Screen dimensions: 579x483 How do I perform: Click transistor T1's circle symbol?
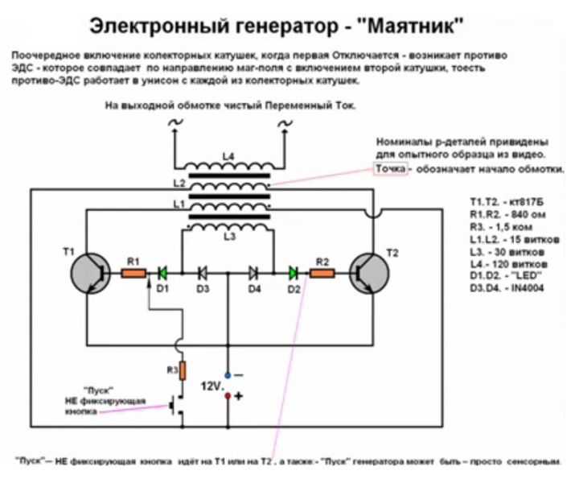coord(90,274)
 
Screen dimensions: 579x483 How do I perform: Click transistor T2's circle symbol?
coord(369,274)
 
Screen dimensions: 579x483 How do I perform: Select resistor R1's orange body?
coord(133,274)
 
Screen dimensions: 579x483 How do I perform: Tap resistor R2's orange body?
coord(322,274)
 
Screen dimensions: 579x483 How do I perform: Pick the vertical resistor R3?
coord(183,371)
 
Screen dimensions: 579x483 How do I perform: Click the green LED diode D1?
coord(162,274)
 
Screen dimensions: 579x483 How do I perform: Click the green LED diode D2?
coord(294,274)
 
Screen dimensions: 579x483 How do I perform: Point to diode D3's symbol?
coord(203,274)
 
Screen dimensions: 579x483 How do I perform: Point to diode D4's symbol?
coord(253,274)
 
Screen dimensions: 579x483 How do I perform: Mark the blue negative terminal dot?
coord(228,375)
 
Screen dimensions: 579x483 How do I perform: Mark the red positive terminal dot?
coord(228,396)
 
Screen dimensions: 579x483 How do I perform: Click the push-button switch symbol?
coord(176,406)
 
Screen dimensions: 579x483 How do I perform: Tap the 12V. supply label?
coord(212,386)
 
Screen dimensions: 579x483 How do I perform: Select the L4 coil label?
coord(228,157)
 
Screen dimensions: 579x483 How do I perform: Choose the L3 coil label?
coord(230,237)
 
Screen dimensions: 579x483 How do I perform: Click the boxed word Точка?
coord(391,169)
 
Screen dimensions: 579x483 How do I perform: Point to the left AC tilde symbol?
coord(176,122)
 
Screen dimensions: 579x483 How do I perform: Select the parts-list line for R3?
coord(501,227)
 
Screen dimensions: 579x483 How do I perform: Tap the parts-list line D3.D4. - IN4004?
coord(507,288)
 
